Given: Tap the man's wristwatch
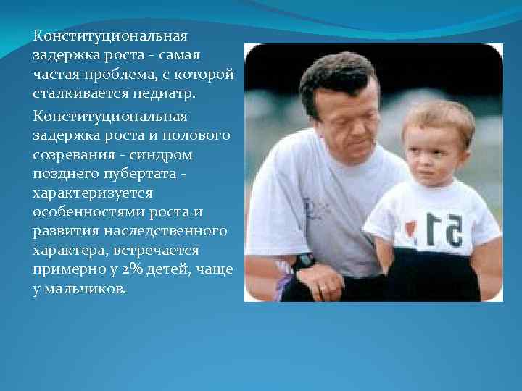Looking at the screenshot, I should point(304,261).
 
